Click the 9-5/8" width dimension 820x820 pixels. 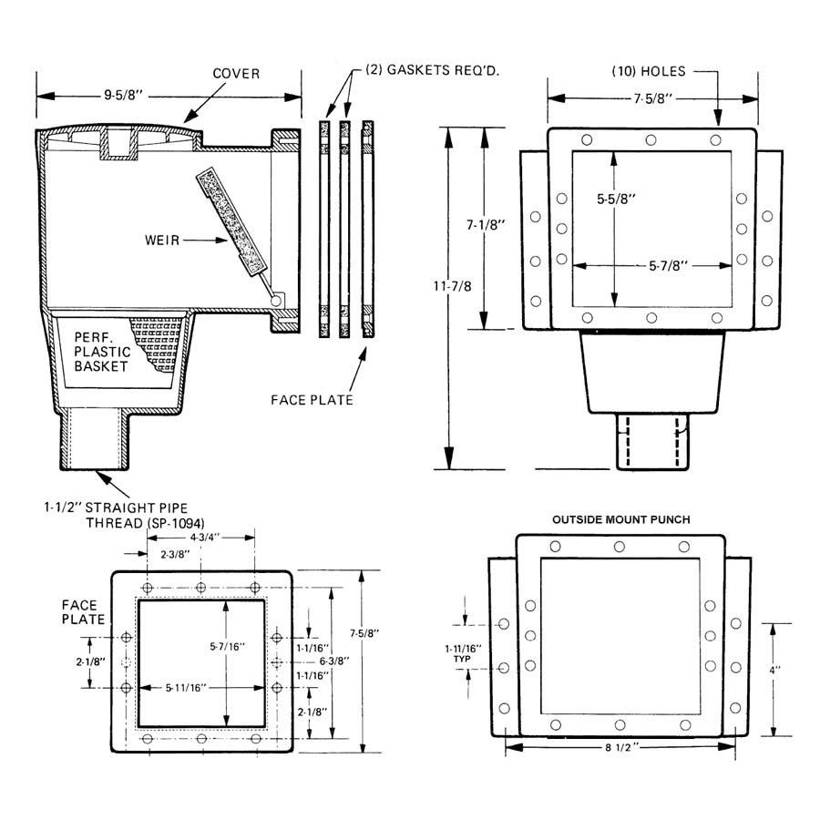point(123,96)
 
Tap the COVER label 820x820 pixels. point(236,74)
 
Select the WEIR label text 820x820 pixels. point(162,241)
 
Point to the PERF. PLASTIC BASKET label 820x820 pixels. point(102,352)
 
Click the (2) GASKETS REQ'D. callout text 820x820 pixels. point(432,70)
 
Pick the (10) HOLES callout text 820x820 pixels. point(649,71)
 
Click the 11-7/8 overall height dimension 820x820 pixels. point(452,286)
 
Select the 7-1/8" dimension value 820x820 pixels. point(486,225)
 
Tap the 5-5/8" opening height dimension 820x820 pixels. point(616,199)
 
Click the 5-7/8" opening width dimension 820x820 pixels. point(669,266)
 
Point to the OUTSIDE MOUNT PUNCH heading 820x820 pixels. point(621,519)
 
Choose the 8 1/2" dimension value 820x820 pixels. point(621,747)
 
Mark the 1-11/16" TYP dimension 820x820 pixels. point(463,653)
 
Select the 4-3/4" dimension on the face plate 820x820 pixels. point(204,537)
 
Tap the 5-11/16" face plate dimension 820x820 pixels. point(186,688)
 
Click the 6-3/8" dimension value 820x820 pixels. point(334,661)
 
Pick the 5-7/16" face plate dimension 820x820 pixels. point(228,646)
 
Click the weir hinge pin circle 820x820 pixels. point(275,301)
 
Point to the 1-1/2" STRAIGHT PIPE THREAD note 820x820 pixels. point(125,515)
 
